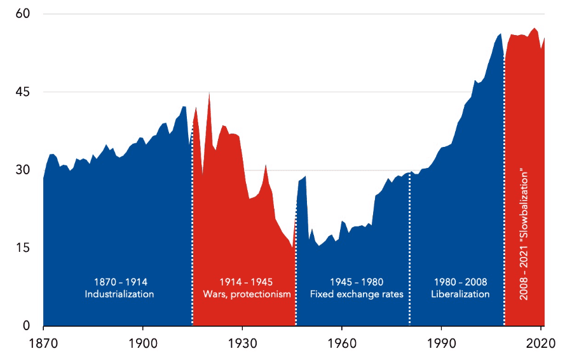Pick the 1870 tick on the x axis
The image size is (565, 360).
tap(43, 342)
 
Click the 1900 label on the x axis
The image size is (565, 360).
tap(142, 342)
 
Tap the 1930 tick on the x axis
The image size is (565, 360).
tap(242, 342)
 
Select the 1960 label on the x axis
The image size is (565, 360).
tap(342, 342)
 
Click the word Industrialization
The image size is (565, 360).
tap(119, 294)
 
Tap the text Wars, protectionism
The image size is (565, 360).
tap(247, 294)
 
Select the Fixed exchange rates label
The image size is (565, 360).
tap(357, 294)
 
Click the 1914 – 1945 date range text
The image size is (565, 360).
tap(246, 282)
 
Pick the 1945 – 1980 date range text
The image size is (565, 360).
tap(357, 282)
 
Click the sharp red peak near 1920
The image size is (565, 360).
tap(209, 94)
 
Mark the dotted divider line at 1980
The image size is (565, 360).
tap(410, 254)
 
